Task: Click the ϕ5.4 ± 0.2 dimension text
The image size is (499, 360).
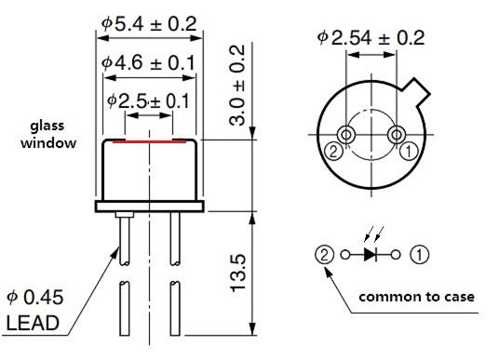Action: pos(149,24)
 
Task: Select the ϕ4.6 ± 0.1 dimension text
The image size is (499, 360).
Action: pos(148,62)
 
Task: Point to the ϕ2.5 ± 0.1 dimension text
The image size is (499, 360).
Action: pos(148,100)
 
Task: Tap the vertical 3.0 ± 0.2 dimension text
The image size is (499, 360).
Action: pos(237,86)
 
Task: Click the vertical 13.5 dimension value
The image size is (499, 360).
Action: pos(237,273)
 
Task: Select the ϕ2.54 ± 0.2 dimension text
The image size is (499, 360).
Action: pos(371,38)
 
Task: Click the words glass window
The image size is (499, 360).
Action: pos(48,135)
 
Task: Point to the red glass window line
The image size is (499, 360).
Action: pos(149,141)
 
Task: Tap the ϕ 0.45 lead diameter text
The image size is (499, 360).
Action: pos(35,298)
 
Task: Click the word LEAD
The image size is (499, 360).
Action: pos(33,323)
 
